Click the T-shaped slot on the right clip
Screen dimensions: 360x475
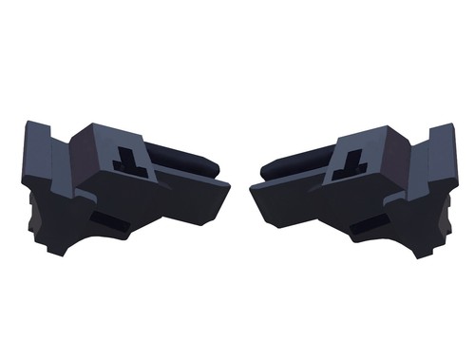pos(348,156)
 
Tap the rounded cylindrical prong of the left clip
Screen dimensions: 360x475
pos(196,161)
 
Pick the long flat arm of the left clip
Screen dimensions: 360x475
pos(190,195)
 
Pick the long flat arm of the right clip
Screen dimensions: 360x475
pos(285,195)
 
